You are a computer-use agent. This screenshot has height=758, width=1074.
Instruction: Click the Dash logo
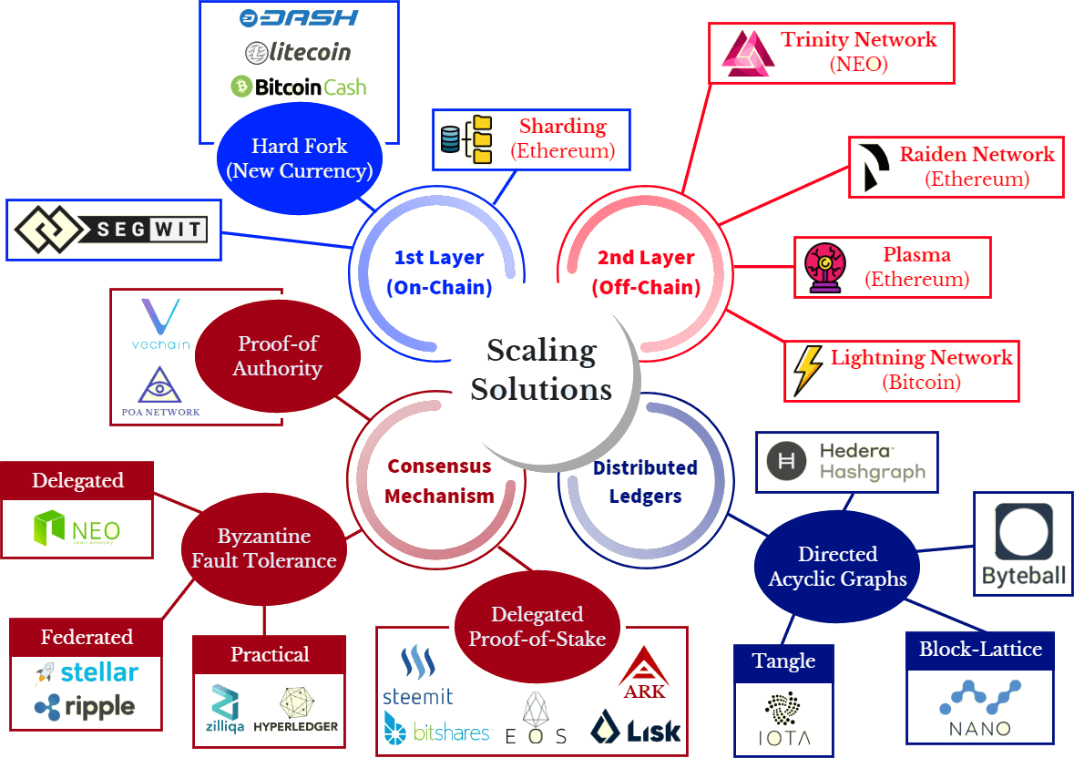pos(299,18)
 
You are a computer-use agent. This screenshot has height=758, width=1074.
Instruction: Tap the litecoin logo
pos(298,52)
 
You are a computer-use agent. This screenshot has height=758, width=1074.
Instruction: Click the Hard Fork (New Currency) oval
pos(300,159)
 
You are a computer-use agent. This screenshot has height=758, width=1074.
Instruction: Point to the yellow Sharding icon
pos(466,139)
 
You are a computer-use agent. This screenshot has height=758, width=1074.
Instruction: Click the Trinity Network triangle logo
pos(748,54)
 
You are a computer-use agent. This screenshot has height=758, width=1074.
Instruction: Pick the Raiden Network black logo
pos(874,168)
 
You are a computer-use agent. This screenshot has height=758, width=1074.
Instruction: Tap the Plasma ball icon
pos(825,268)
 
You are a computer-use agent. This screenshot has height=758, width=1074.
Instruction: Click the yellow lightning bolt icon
pos(808,371)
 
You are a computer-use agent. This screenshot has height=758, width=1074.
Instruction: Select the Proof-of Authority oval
pos(278,356)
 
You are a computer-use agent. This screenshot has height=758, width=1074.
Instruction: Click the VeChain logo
pos(161,324)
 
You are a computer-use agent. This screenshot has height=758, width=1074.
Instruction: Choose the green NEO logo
pos(77,528)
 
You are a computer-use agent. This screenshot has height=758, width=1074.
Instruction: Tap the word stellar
pos(99,672)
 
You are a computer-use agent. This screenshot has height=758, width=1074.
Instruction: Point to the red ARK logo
pos(644,673)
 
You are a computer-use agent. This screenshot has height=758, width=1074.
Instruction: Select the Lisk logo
pos(636,727)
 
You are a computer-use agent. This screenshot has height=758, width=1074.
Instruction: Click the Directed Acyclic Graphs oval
pos(837,567)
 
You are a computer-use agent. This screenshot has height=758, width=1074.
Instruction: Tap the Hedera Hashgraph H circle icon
pos(786,461)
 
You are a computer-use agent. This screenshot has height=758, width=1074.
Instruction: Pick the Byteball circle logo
pos(1023,533)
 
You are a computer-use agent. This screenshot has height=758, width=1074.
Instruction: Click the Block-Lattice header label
pos(980,650)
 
